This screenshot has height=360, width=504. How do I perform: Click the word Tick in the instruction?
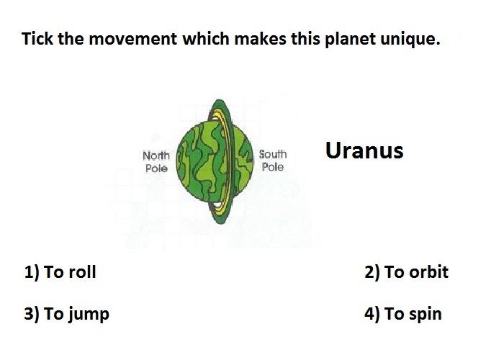(37, 39)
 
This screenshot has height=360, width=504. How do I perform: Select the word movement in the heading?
(132, 39)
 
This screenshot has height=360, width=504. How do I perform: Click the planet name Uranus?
(364, 150)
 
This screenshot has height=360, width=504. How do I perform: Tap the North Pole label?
(156, 162)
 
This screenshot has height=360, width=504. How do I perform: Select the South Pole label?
(273, 161)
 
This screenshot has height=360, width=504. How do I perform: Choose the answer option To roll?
(70, 272)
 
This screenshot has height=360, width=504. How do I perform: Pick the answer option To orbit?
(416, 272)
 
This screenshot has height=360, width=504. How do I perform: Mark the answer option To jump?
(76, 315)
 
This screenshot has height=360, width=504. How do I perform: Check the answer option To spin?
(413, 315)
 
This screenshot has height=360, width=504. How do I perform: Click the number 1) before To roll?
(32, 273)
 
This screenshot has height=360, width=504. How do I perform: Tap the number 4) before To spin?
(372, 315)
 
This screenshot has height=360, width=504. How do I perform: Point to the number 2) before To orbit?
(372, 273)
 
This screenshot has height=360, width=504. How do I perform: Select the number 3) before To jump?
(32, 315)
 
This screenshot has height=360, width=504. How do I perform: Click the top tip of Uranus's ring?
(219, 99)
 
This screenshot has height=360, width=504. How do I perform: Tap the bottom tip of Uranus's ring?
(221, 223)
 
